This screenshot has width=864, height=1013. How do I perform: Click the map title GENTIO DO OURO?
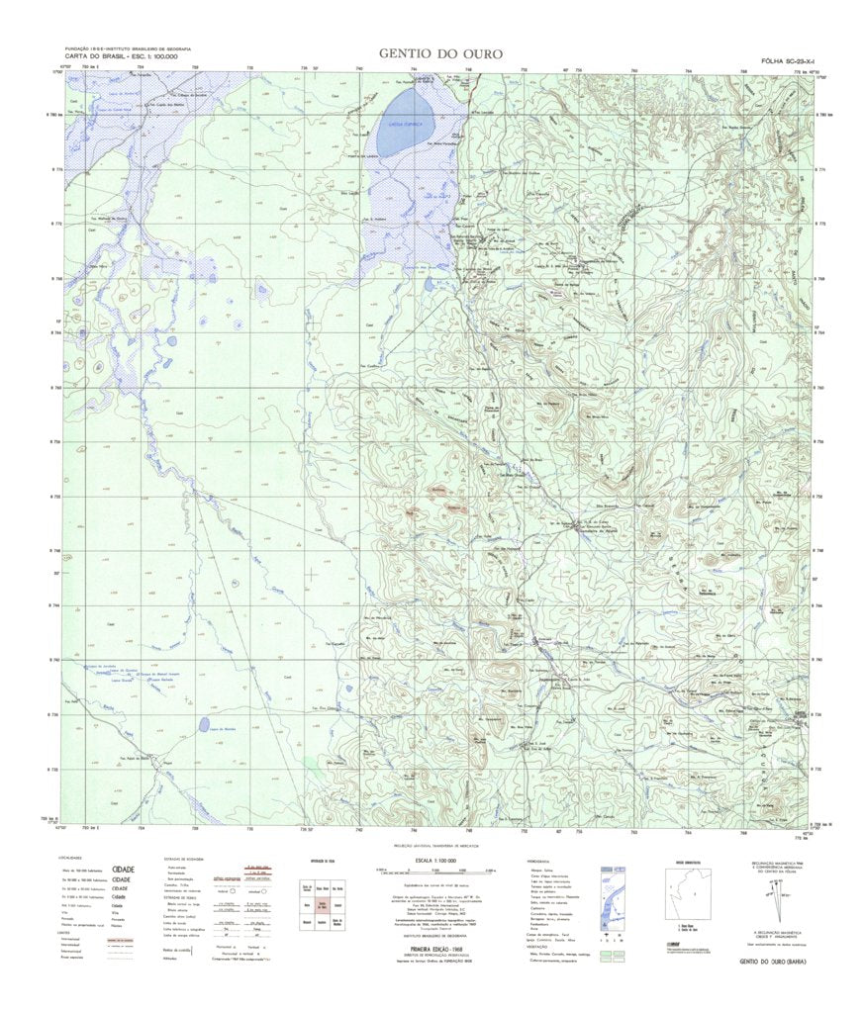440,53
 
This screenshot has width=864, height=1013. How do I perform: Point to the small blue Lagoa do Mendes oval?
204,725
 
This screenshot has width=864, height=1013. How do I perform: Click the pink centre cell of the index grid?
324,904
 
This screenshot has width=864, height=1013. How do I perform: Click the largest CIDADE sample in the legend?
124,870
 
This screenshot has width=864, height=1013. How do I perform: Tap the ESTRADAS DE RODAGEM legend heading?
184,860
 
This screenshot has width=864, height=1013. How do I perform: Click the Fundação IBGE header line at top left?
128,48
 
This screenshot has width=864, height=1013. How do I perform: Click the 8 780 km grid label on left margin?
51,116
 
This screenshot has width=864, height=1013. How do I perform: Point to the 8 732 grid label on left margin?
51,768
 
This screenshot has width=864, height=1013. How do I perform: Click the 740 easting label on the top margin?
358,68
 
